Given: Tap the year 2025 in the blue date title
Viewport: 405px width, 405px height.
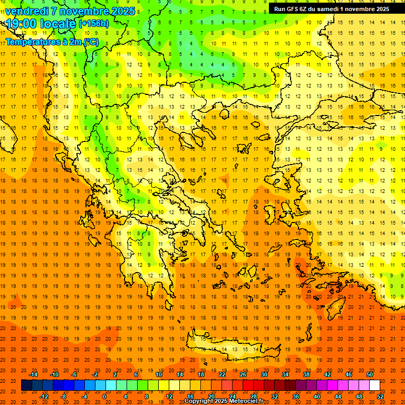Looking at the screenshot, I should click(x=122, y=11).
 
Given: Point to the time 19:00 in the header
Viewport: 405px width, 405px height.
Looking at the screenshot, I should click(x=21, y=24).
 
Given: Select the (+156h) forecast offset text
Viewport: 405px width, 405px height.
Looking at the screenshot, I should click(x=94, y=24).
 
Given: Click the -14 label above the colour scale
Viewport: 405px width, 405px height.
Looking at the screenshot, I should click(x=33, y=374).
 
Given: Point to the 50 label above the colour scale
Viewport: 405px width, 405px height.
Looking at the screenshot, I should click(x=370, y=374).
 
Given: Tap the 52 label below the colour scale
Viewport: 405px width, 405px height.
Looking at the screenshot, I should click(x=380, y=397).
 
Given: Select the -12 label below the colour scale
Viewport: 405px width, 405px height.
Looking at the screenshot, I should click(x=44, y=397).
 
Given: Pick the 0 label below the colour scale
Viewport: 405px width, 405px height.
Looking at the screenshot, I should click(x=104, y=397).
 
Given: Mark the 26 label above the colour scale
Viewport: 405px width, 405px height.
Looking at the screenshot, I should click(x=244, y=374).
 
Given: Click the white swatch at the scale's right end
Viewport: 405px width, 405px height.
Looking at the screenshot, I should click(x=374, y=385).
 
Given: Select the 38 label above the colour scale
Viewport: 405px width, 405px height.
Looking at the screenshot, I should click(x=306, y=374).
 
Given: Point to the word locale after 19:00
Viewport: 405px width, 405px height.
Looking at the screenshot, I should click(x=57, y=24).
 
